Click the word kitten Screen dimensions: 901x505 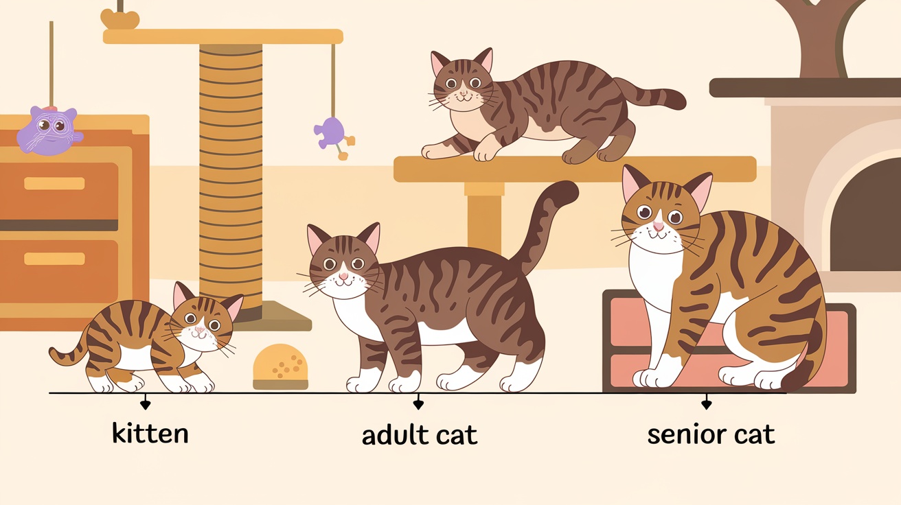point(150,433)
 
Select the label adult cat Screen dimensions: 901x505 point(420,435)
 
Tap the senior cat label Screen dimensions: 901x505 point(711,434)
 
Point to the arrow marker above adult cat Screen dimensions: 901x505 point(418,402)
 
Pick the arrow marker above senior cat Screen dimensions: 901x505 point(707,402)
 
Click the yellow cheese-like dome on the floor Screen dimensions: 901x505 point(280,367)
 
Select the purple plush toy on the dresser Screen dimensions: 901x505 point(49,130)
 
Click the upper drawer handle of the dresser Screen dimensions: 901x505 point(54,183)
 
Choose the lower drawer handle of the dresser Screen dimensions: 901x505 point(54,259)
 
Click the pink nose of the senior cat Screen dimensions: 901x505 point(659,226)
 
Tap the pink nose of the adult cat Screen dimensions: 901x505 point(343,276)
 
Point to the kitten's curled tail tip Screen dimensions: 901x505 point(54,353)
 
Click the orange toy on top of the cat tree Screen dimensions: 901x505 point(120,19)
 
